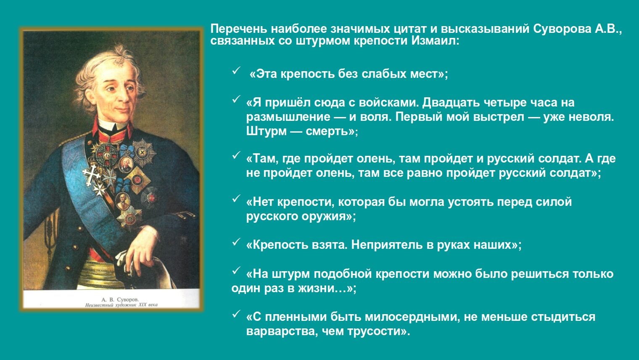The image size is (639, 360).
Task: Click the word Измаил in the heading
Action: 436,41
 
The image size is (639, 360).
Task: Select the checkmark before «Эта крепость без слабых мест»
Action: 236,71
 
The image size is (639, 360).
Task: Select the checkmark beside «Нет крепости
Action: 236,199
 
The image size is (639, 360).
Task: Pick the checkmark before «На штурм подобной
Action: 236,271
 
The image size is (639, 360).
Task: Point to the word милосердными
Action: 395,317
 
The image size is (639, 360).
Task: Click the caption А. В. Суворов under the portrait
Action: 120,299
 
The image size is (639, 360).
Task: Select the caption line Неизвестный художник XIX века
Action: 121,305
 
